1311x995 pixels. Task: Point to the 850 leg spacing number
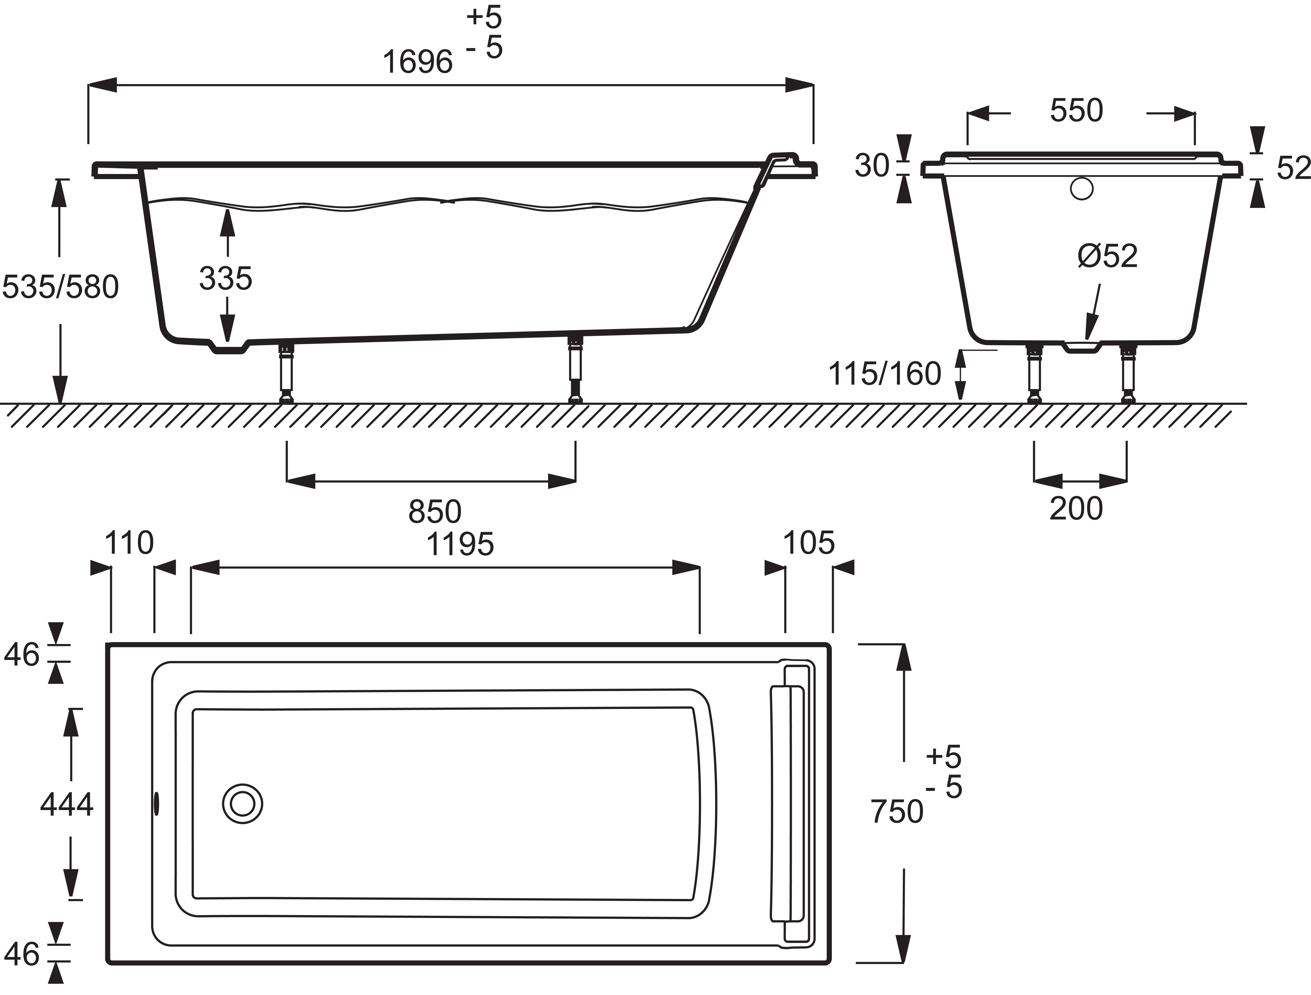click(x=434, y=511)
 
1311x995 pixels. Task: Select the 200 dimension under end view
click(x=1076, y=508)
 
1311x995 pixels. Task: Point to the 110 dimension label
click(x=128, y=542)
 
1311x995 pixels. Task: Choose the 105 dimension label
click(x=809, y=542)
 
